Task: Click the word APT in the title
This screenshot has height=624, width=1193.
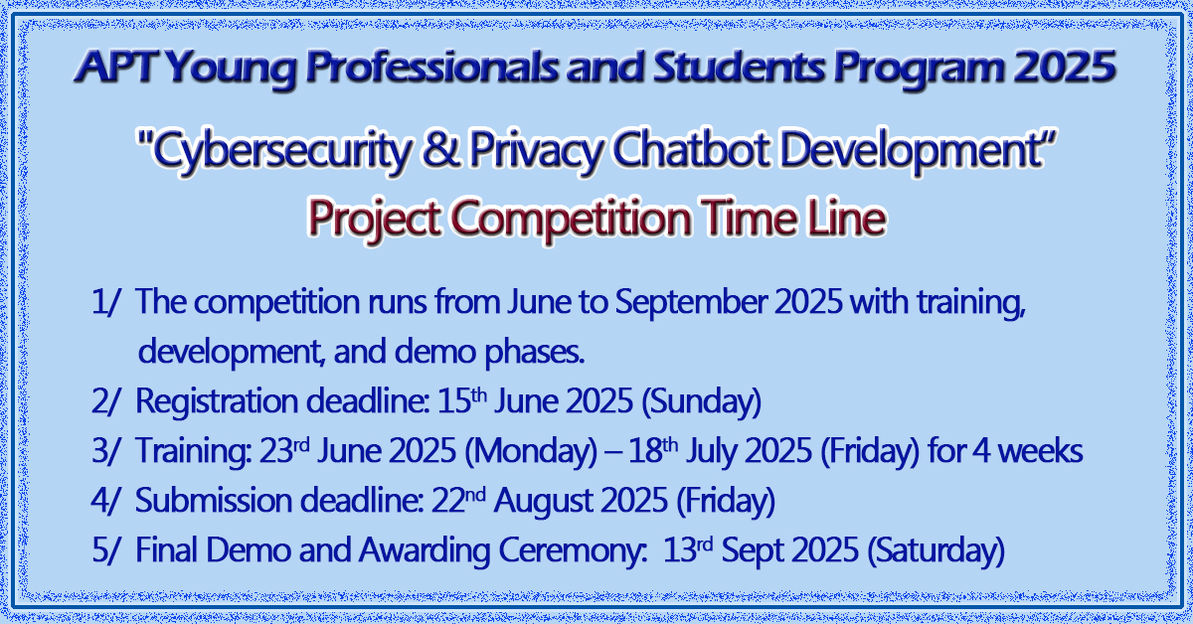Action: click(x=118, y=66)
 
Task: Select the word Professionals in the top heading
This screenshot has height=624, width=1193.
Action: click(x=431, y=66)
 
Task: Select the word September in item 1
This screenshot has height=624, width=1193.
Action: click(x=690, y=302)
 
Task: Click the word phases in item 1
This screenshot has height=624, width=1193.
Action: click(x=534, y=353)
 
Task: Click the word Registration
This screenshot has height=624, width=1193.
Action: click(x=217, y=399)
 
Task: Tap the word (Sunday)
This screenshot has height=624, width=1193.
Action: click(x=701, y=401)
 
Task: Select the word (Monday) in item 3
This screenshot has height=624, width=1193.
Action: click(x=531, y=451)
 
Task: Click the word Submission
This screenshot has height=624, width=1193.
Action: click(x=214, y=501)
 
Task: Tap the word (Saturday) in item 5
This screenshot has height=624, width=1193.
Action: click(x=936, y=550)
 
